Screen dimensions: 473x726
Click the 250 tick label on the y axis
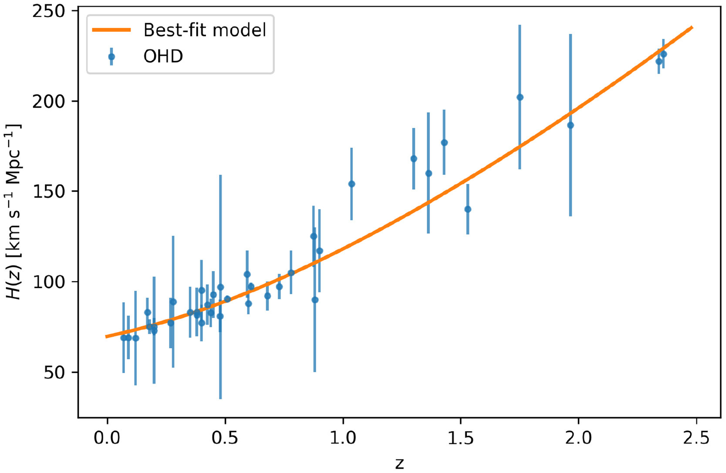coord(48,11)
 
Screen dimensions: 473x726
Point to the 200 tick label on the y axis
coord(48,102)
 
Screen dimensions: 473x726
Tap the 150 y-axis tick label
coord(48,192)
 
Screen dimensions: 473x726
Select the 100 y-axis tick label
coord(48,282)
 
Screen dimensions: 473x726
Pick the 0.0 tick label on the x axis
coord(107,438)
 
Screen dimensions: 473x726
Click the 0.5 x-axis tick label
coord(225,438)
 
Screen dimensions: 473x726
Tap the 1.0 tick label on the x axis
coord(343,438)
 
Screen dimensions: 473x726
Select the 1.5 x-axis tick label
coord(460,438)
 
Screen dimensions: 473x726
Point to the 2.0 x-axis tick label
coord(578,438)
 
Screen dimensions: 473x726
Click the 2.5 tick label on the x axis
coord(696,438)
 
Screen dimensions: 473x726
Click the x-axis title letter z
coord(399,464)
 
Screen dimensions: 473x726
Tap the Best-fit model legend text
coord(205,30)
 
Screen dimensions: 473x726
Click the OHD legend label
coord(163,56)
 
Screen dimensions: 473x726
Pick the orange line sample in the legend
coord(111,30)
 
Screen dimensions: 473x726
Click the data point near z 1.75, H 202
coord(520,97)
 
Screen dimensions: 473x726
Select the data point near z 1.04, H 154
coord(351,184)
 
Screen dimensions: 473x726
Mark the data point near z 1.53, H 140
coord(468,209)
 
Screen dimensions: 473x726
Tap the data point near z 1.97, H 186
coord(571,125)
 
